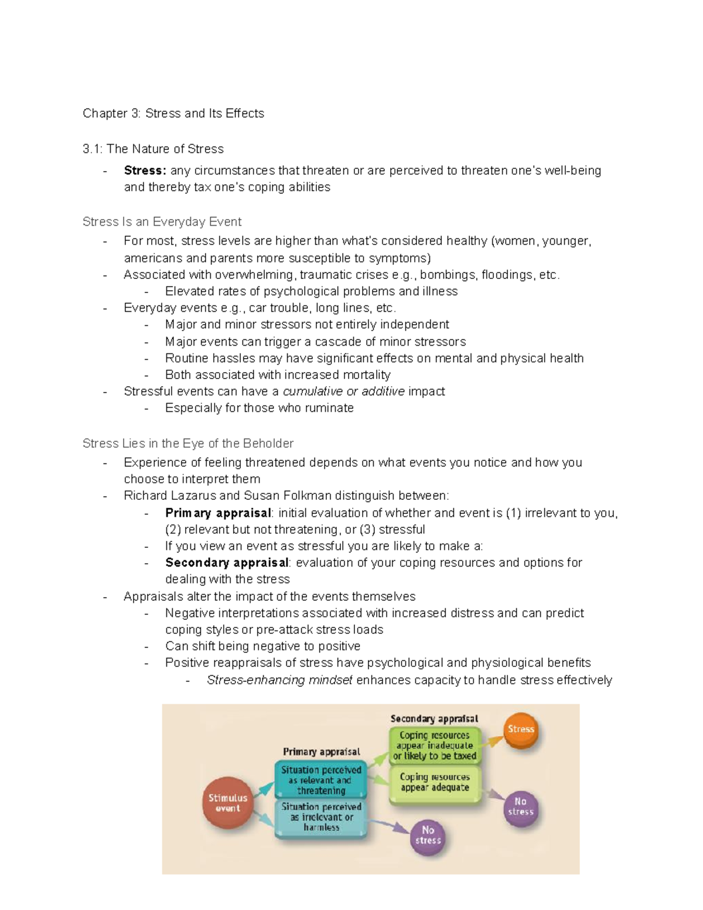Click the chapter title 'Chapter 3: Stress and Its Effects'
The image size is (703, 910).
pos(173,114)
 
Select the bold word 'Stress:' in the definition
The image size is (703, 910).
pos(145,171)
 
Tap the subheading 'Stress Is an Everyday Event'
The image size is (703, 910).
pos(162,222)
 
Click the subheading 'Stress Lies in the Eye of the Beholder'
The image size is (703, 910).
pos(187,444)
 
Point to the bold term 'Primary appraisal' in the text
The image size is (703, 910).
pos(218,513)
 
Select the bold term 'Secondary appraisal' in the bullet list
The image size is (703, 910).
pos(227,563)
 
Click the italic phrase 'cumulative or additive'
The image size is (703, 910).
pos(343,391)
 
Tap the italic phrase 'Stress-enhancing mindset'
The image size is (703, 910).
pos(279,680)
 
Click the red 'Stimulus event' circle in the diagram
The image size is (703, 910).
pos(228,803)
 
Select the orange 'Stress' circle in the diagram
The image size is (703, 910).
pos(521,730)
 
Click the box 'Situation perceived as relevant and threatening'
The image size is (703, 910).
pos(321,780)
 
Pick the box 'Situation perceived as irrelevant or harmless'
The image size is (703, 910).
pos(321,817)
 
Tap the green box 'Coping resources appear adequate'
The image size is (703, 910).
pos(435,783)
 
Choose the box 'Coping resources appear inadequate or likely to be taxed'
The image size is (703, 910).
pos(435,745)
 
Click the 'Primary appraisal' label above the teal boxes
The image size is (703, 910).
pos(321,752)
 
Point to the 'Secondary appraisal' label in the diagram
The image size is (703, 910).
pos(434,719)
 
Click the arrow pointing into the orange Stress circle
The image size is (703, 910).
pos(494,741)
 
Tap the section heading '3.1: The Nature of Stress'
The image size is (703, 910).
pos(153,149)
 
